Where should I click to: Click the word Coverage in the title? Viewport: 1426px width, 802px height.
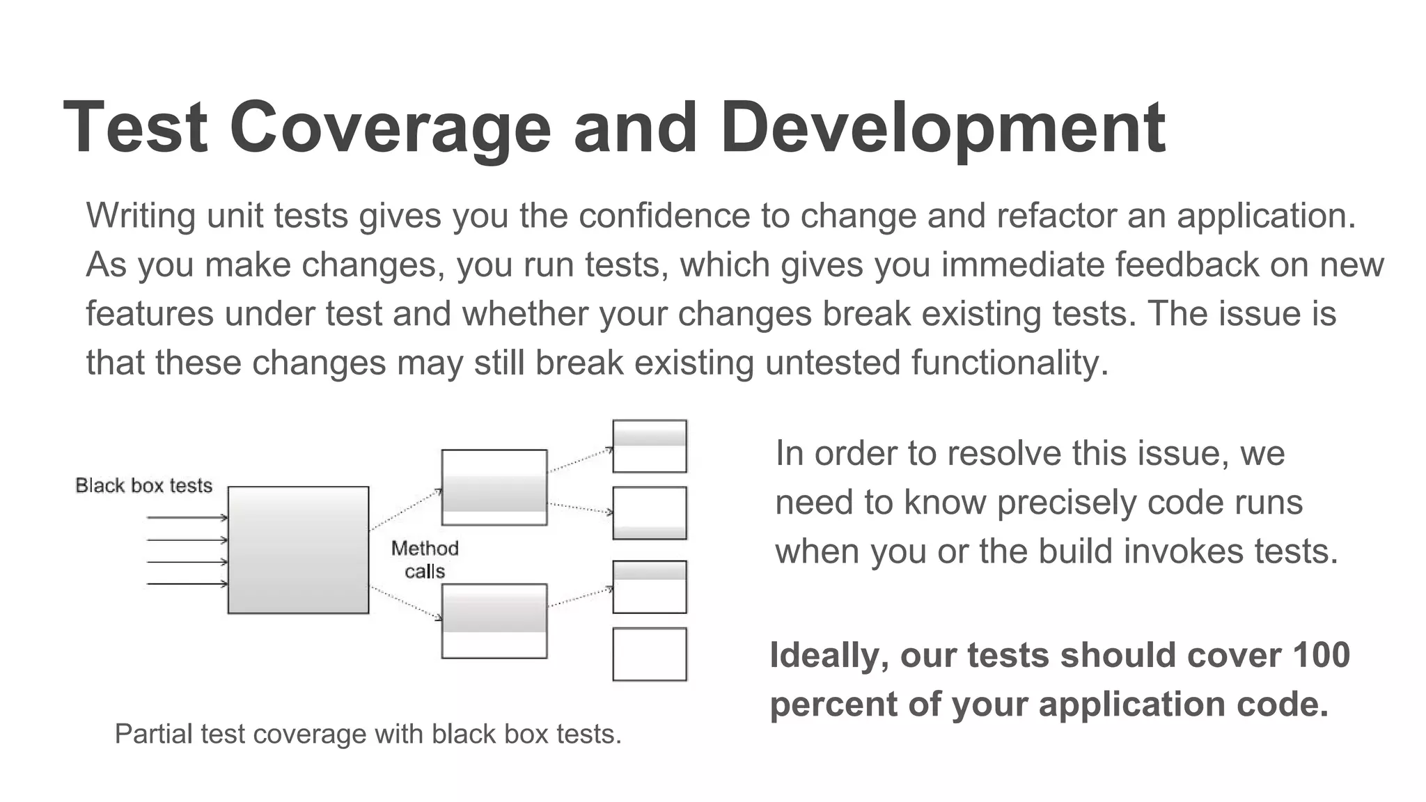tap(390, 128)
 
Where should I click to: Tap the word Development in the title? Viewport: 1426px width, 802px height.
tap(943, 128)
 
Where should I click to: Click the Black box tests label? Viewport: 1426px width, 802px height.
tap(143, 485)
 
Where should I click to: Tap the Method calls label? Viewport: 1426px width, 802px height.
tap(425, 560)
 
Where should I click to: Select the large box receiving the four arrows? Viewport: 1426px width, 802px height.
tap(298, 550)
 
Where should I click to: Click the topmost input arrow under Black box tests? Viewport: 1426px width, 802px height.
tap(187, 517)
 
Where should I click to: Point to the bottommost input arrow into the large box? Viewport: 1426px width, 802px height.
tap(187, 583)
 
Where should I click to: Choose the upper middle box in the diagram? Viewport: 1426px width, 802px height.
tap(494, 487)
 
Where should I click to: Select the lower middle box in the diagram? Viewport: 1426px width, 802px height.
tap(494, 621)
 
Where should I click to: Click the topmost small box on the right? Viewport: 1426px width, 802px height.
tap(650, 446)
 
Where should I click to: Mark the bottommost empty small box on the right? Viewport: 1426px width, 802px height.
tap(650, 654)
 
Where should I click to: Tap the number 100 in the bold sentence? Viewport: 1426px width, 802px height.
tap(1321, 655)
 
